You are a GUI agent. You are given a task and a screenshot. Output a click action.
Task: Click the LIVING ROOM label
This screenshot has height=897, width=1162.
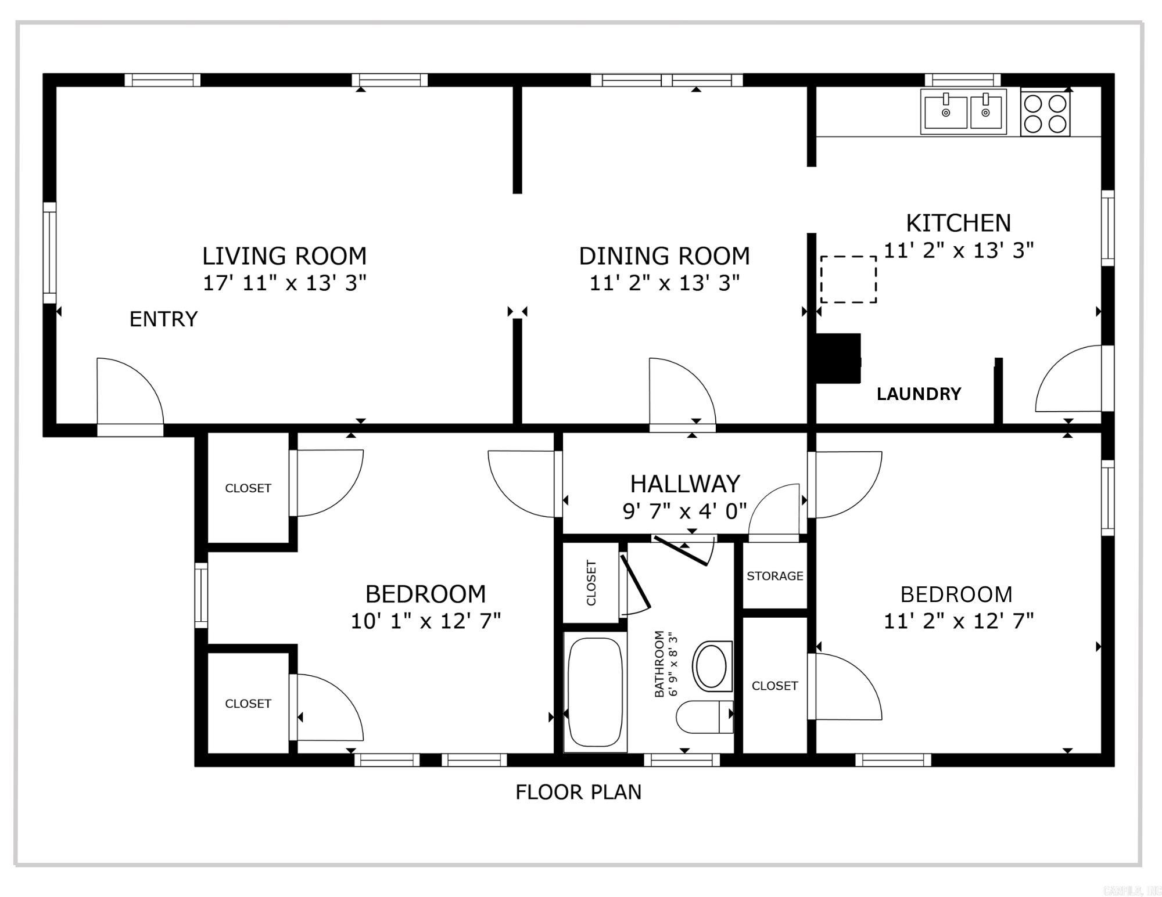[x=284, y=256]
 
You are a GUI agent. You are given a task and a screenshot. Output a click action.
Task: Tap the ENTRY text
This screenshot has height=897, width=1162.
[x=163, y=319]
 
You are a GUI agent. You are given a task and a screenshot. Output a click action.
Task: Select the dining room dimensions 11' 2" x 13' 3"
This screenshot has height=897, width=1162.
[x=665, y=283]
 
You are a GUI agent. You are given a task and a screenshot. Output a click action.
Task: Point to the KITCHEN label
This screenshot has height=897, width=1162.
[x=959, y=223]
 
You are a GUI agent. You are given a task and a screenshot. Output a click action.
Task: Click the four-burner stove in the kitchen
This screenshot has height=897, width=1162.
[x=1045, y=113]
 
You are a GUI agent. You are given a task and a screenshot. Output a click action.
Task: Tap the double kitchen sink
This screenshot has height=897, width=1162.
[x=964, y=112]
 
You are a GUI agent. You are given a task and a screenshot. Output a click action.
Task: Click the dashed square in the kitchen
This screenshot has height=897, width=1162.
[x=848, y=279]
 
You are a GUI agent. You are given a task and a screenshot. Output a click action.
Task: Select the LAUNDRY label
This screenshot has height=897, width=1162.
[x=919, y=394]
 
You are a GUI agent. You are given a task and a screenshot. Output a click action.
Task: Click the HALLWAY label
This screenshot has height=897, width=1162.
[x=685, y=484]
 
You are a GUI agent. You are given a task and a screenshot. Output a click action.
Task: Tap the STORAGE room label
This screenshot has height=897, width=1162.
[x=775, y=576]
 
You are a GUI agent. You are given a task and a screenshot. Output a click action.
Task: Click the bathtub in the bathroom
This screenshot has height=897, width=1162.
[x=595, y=692]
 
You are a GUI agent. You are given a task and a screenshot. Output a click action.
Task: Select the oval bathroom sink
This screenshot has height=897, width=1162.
[x=712, y=666]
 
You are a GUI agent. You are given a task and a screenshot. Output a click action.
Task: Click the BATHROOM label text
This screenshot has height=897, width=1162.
[x=659, y=664]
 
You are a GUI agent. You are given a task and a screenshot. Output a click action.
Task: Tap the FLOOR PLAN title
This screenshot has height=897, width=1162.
[x=579, y=792]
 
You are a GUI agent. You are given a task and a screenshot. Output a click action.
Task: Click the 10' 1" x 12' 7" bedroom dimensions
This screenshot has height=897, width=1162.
[x=425, y=621]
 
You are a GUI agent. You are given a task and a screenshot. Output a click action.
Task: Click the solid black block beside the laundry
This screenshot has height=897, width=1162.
[x=838, y=358]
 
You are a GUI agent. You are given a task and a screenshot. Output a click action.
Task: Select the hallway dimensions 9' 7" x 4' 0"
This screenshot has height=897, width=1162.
[x=684, y=511]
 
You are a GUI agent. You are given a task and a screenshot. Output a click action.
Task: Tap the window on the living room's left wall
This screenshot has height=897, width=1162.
[x=50, y=253]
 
